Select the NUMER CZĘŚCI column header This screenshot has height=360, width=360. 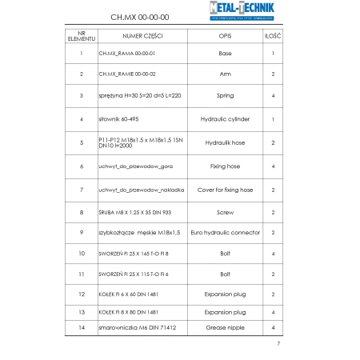point(142,37)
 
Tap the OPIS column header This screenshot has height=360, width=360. point(225,37)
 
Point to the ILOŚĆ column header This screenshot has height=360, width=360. point(272,37)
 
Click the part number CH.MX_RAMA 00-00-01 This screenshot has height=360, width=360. point(126,54)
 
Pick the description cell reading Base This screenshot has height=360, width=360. point(225,54)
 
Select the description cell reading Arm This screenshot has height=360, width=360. point(225,74)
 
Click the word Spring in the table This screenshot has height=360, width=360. point(225,95)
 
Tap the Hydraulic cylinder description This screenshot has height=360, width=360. point(225,118)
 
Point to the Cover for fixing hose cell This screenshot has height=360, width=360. point(225,190)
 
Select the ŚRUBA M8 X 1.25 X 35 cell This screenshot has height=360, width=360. point(134,213)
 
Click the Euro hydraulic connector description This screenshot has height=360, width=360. point(225,232)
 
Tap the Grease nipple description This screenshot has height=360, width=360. point(225,328)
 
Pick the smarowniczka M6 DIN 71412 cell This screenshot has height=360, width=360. point(137,328)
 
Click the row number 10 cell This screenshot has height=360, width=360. point(82,254)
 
